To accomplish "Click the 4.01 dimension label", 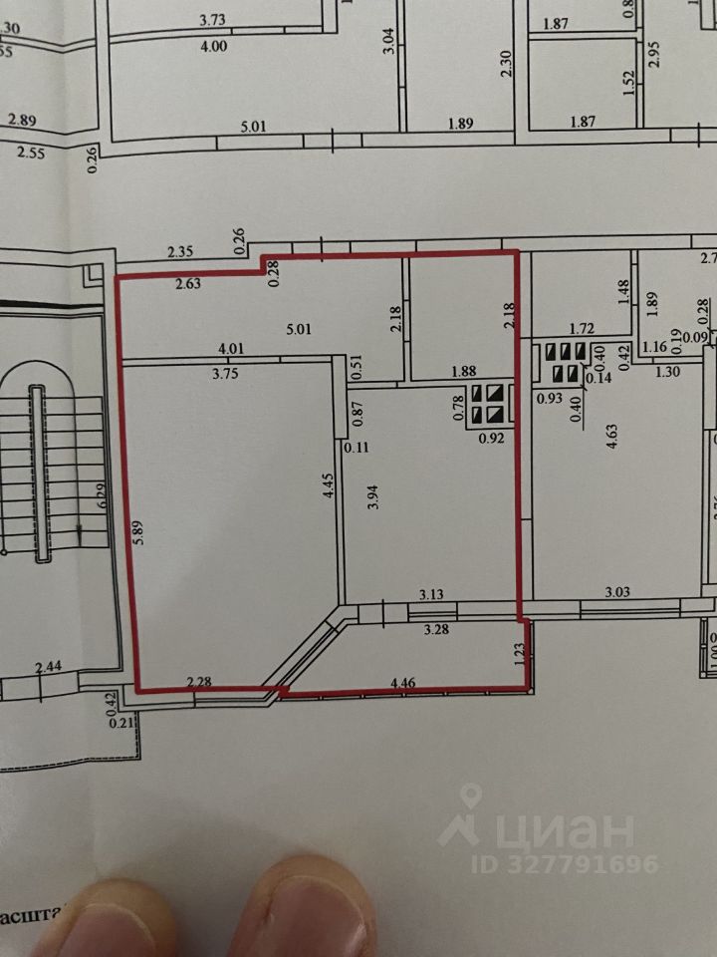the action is click(232, 349).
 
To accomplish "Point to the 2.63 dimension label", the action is click(188, 283).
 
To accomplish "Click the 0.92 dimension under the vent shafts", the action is click(492, 437).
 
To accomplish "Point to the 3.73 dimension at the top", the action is click(214, 20).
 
